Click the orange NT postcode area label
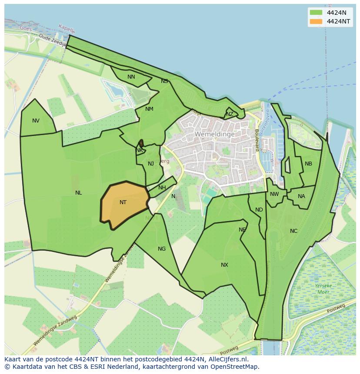click(123, 202)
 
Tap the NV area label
click(36, 121)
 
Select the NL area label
click(78, 193)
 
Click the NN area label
click(131, 77)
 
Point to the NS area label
click(164, 81)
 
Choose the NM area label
click(149, 109)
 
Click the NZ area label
click(230, 114)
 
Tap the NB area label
click(308, 164)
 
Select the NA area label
click(301, 196)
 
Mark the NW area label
click(274, 194)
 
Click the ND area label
click(259, 210)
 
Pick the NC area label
click(294, 231)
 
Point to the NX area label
click(224, 265)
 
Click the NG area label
click(162, 249)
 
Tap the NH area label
click(162, 188)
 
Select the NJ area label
click(151, 164)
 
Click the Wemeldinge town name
click(215, 134)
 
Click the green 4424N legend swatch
click(316, 12)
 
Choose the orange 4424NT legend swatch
click(316, 21)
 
